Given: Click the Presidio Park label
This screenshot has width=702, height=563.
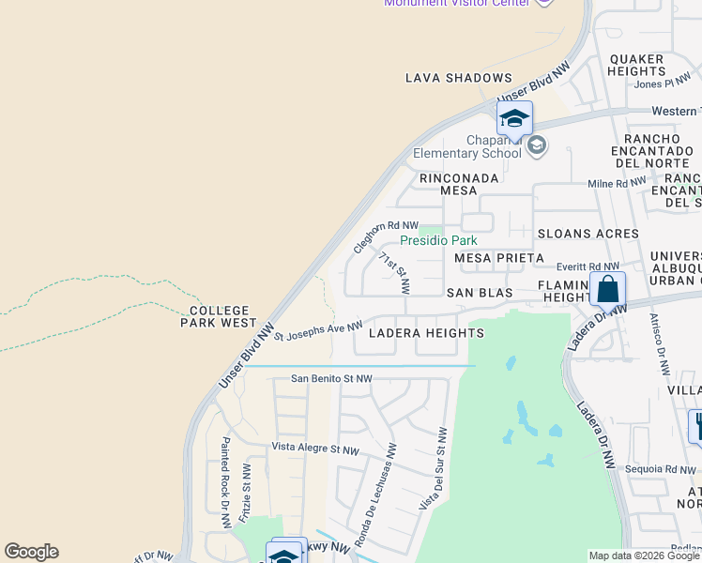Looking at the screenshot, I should pyautogui.click(x=438, y=241).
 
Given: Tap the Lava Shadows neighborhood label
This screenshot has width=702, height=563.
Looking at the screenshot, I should pyautogui.click(x=459, y=79).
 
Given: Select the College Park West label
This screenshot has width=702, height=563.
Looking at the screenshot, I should pyautogui.click(x=220, y=316).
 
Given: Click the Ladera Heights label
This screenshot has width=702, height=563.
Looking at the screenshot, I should pyautogui.click(x=426, y=333).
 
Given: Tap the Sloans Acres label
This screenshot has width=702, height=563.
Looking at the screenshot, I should pyautogui.click(x=588, y=234).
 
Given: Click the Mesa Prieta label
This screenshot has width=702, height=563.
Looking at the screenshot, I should pyautogui.click(x=499, y=258).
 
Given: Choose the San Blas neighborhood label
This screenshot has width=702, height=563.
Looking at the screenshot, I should pyautogui.click(x=480, y=293).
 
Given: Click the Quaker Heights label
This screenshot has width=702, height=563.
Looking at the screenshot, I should pyautogui.click(x=637, y=65).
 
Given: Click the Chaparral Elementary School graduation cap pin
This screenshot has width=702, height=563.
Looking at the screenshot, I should pyautogui.click(x=514, y=119).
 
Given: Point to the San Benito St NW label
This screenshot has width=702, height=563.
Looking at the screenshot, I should pyautogui.click(x=331, y=379).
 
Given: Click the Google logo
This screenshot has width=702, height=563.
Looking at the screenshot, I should pyautogui.click(x=31, y=552).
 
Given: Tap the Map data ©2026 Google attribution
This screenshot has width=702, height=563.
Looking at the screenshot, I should pyautogui.click(x=644, y=555).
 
